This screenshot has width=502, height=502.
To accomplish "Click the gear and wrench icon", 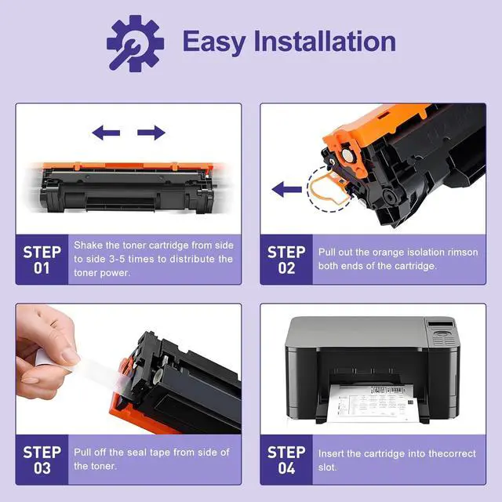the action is tap(135, 44).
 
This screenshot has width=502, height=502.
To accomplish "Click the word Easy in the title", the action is tap(214, 42).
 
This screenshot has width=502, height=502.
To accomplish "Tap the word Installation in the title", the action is tap(325, 41).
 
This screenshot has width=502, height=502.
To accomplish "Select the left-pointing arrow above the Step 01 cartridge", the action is tap(106, 133).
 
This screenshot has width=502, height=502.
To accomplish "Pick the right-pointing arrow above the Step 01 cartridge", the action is tap(151, 133).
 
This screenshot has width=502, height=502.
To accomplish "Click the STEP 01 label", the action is tap(42, 260).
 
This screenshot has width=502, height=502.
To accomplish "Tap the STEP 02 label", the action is tap(286, 260).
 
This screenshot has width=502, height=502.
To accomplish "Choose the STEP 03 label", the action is tap(42, 460).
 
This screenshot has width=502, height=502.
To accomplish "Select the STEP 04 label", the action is tap(286, 460).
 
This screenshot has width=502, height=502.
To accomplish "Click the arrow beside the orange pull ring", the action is tap(287, 189).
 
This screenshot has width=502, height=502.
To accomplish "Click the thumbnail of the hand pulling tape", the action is tap(129, 369).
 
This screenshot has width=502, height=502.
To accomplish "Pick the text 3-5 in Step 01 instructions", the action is tap(117, 259).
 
